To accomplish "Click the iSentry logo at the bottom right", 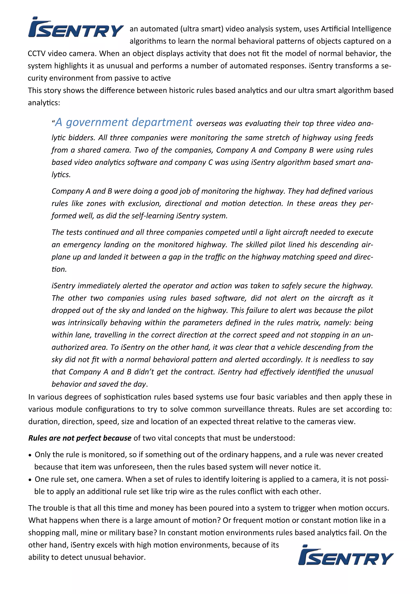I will pyautogui.click(x=346, y=556).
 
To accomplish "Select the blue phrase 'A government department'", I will pyautogui.click(x=124, y=122).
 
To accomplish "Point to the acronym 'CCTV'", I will pyautogui.click(x=37, y=54).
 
